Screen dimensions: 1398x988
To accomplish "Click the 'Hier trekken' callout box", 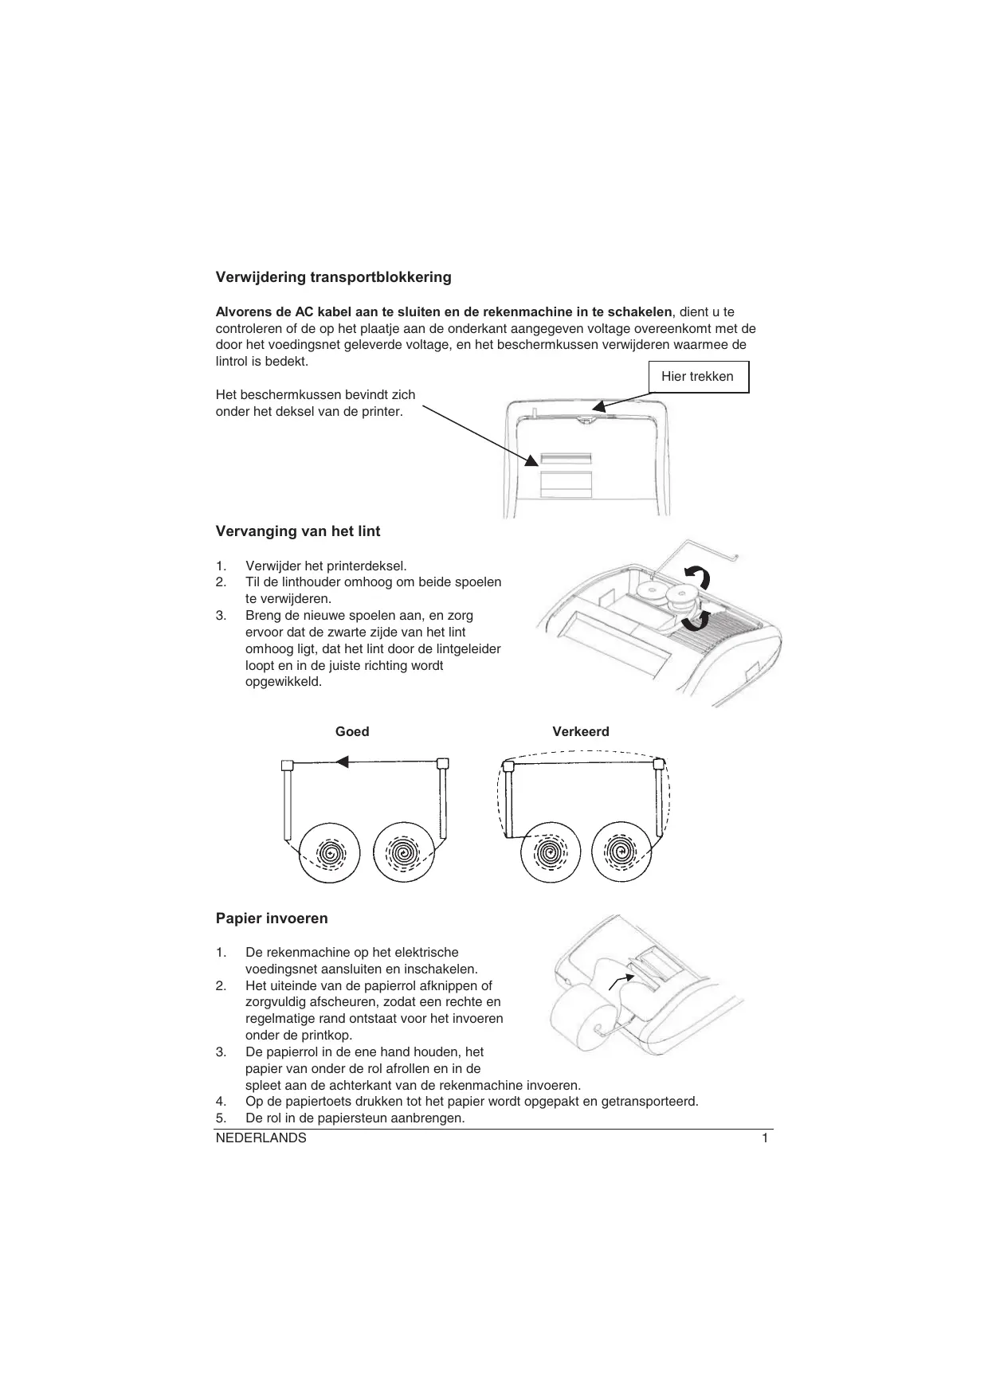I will coord(698,377).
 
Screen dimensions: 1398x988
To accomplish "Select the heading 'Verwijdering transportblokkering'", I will coord(333,277).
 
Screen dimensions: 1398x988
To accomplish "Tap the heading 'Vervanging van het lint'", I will coord(298,531).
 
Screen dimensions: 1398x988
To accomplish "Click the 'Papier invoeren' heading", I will coord(272,918).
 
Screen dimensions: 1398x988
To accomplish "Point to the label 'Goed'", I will coord(352,731).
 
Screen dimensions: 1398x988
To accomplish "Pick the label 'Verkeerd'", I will coord(581,731).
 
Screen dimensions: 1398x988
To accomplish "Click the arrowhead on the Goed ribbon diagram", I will coord(343,762).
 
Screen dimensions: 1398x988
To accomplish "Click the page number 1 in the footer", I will coord(765,1138).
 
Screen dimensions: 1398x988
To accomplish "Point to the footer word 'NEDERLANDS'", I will coord(261,1138).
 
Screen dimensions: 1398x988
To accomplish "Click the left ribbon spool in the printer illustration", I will coord(651,592).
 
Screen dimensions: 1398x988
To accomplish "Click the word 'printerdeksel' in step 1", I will coord(368,566).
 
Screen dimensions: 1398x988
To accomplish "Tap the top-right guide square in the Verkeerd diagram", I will coord(658,765).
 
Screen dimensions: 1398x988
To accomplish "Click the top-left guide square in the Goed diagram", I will coord(288,766).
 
